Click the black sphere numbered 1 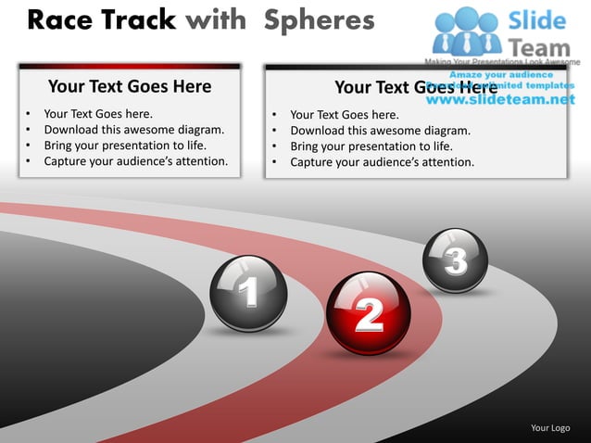click(248, 293)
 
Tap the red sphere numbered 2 click(368, 312)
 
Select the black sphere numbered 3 click(455, 259)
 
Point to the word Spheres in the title click(319, 19)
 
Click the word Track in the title click(140, 19)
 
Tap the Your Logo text click(549, 427)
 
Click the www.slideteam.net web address click(507, 99)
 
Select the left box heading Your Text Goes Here click(130, 87)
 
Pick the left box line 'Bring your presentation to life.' click(125, 146)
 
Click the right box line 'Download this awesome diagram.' click(380, 131)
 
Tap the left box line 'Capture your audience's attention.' click(135, 161)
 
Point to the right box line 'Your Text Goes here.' click(344, 115)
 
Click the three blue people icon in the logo click(465, 30)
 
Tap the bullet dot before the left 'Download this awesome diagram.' click(30, 130)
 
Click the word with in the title click(220, 19)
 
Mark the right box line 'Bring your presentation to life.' click(371, 146)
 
